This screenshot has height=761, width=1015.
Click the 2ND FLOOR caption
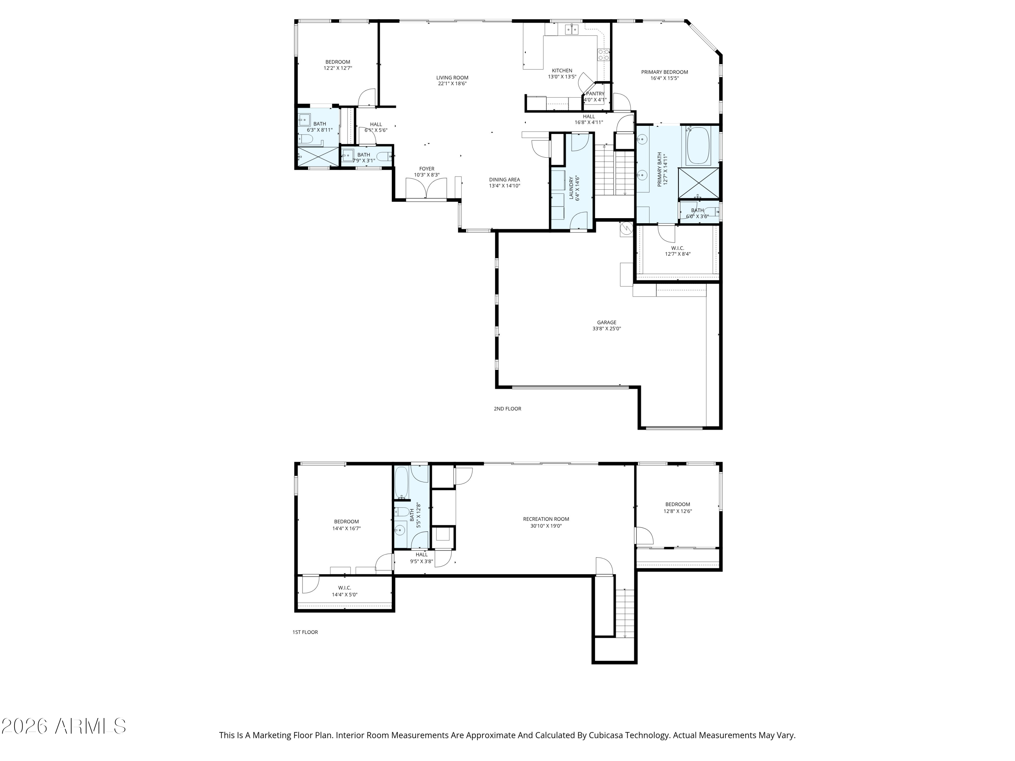pos(507,409)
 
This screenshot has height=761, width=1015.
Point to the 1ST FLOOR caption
pos(305,632)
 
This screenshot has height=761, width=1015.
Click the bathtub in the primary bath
pos(698,146)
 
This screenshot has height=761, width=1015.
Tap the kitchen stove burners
pos(603,55)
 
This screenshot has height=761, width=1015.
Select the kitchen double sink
pos(571,30)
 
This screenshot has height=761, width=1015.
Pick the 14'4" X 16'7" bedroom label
pos(346,525)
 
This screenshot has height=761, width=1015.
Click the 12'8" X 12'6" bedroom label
pos(678,508)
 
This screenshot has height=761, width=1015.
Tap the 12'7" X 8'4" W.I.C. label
pos(678,251)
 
